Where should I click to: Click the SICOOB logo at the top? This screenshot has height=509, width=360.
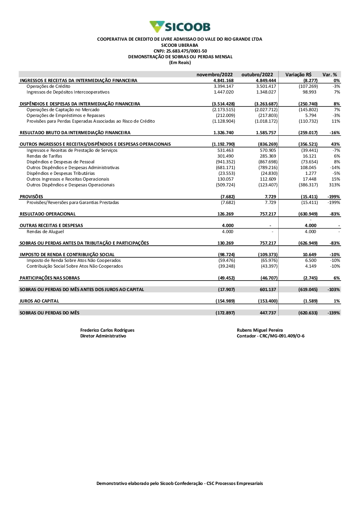tap(180, 27)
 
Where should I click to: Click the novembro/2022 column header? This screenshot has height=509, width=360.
tap(215, 75)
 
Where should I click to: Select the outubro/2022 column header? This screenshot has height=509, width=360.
tap(257, 75)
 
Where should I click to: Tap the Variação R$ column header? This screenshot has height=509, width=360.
tap(298, 75)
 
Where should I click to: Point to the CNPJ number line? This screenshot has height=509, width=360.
tap(180, 51)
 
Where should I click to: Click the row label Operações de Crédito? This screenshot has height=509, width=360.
tap(48, 86)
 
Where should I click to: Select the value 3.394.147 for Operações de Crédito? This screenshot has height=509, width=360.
tap(224, 86)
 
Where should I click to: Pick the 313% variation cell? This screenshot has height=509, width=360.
tap(334, 185)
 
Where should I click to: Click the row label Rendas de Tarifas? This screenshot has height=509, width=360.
tap(44, 156)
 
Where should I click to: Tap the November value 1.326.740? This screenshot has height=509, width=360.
tap(224, 133)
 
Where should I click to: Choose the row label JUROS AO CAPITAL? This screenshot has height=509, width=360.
tap(39, 301)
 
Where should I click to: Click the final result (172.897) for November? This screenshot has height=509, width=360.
tap(225, 313)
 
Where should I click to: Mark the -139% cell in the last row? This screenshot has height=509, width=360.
tap(334, 313)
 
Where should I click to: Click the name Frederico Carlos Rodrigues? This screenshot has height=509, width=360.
tap(107, 330)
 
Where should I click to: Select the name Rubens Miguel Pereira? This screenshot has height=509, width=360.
tap(260, 330)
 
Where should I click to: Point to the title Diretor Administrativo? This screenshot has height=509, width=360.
tap(103, 336)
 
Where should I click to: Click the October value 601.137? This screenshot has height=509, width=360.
tap(268, 290)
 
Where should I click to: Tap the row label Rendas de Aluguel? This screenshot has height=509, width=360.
tap(45, 232)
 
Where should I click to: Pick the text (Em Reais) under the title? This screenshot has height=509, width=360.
tap(180, 63)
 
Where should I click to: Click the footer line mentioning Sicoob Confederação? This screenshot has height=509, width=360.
tap(180, 483)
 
